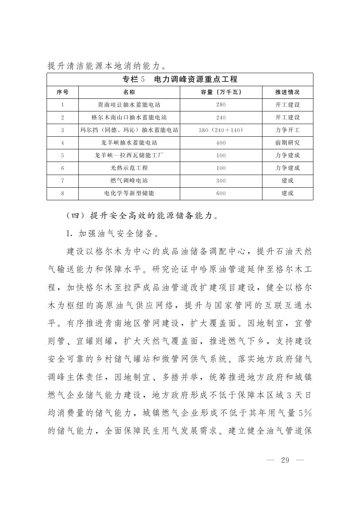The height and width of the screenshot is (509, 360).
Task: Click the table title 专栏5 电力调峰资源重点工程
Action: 179,79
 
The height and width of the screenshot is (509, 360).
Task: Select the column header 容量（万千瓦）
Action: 221,92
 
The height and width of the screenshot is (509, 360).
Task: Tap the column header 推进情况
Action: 287,92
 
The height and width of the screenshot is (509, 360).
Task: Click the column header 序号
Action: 62,92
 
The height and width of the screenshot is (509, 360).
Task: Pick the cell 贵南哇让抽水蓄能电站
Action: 129,105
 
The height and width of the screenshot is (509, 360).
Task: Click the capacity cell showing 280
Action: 221,105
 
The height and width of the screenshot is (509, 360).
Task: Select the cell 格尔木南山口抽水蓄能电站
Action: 129,118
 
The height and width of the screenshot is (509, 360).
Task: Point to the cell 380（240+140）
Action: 221,130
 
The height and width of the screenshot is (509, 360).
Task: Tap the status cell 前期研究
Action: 287,143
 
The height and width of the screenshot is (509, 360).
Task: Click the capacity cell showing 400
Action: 221,143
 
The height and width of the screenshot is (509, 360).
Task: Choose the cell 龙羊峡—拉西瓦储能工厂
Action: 129,155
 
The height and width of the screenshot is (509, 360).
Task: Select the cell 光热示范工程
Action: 129,168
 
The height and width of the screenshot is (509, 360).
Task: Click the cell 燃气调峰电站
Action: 129,181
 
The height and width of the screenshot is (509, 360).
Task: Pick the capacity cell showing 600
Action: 221,193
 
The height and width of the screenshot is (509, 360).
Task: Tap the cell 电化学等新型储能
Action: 129,193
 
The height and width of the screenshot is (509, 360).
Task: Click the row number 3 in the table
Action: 62,130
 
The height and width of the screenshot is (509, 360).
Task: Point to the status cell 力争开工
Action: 287,130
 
